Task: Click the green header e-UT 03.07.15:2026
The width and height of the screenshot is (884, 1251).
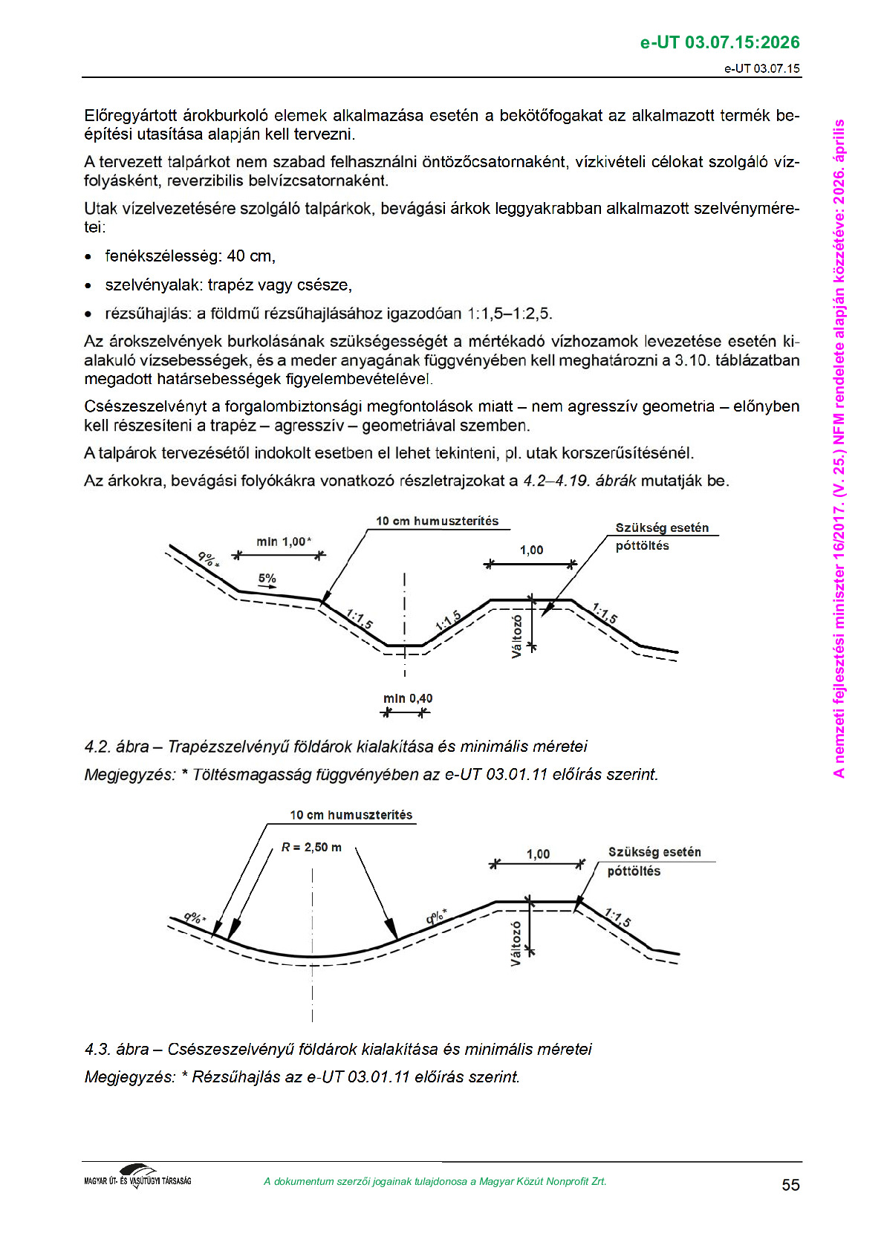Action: (x=719, y=42)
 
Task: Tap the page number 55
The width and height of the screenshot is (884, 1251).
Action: (x=790, y=1185)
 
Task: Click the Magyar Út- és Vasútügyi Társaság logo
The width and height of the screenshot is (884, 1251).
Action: (x=137, y=1176)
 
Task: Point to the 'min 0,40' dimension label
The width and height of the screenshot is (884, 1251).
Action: (x=408, y=698)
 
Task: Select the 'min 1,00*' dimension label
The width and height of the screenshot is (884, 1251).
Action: (x=284, y=542)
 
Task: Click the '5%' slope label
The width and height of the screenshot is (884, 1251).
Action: (x=267, y=578)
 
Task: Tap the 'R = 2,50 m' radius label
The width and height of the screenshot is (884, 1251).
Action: (x=311, y=847)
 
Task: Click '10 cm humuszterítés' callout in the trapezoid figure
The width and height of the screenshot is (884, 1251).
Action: (x=437, y=521)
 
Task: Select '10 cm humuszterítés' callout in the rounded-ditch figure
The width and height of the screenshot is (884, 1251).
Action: (x=351, y=815)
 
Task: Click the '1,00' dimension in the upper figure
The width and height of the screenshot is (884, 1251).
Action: (x=531, y=550)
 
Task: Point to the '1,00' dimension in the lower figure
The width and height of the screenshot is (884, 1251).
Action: (x=538, y=854)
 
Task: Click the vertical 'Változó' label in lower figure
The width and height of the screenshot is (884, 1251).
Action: (x=516, y=943)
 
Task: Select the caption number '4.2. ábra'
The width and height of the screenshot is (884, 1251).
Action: (x=117, y=746)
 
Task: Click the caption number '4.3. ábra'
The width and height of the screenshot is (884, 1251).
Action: (x=117, y=1049)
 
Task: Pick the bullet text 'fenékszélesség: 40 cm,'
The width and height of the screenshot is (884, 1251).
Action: (x=190, y=256)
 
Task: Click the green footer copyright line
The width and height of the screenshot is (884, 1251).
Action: (x=435, y=1181)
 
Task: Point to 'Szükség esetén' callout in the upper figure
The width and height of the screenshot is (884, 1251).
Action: (x=662, y=527)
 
